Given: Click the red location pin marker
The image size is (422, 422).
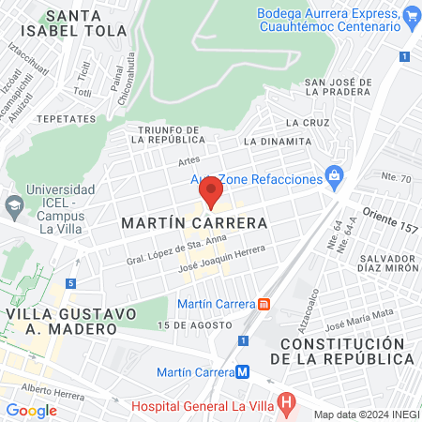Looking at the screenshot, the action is (x=210, y=194).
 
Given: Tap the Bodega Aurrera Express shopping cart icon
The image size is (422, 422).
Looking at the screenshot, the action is (x=411, y=17).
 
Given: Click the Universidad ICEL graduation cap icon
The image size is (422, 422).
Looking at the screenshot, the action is (x=14, y=203).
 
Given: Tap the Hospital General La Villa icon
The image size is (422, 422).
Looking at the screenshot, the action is (x=288, y=404).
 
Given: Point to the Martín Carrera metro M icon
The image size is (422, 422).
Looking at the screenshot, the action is (x=243, y=371).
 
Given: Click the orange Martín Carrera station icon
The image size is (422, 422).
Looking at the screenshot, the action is (x=264, y=304).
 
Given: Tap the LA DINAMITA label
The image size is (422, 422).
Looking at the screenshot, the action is (x=277, y=141).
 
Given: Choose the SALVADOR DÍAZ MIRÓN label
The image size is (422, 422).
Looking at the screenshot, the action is (x=379, y=265).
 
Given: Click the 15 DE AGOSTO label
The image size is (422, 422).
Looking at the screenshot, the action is (x=194, y=324).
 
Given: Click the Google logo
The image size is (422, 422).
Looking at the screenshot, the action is (x=31, y=410).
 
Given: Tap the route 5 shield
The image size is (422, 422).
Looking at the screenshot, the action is (x=70, y=283).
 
